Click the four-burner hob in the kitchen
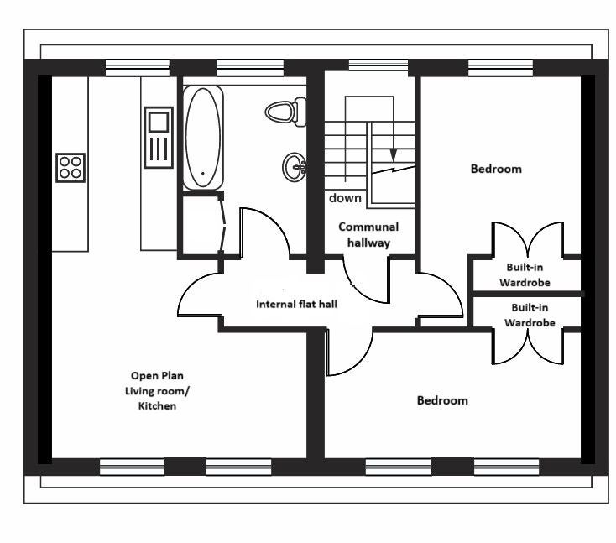click(70, 168)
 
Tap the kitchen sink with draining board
click(159, 138)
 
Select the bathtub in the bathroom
click(203, 138)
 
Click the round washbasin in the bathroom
click(294, 167)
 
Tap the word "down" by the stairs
click(345, 198)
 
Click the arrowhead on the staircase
click(394, 155)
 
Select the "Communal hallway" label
click(368, 234)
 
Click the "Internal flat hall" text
click(296, 304)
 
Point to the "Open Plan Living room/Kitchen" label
click(157, 391)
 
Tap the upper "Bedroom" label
click(496, 169)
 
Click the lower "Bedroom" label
click(442, 400)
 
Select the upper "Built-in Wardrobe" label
click(525, 274)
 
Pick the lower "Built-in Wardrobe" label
click(530, 315)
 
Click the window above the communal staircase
click(378, 65)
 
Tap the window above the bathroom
click(250, 68)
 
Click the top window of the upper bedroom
click(501, 68)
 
